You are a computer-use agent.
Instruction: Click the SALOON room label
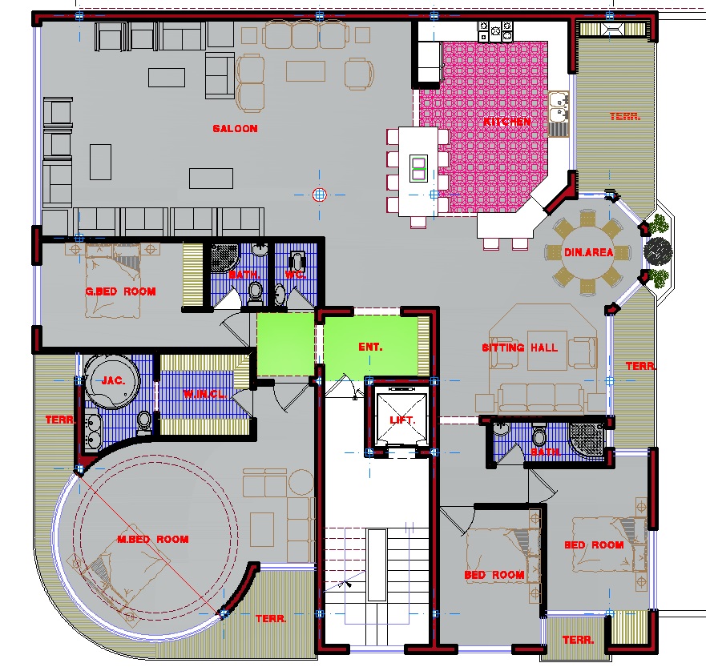235,129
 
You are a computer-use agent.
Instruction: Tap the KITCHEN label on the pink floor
507,122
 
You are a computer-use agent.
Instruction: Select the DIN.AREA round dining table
587,252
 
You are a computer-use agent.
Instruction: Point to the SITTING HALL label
519,348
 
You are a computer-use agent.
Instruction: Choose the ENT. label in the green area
370,347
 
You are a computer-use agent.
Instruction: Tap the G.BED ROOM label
121,291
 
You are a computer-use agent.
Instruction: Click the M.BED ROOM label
152,539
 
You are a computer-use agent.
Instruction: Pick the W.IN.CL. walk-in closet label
204,395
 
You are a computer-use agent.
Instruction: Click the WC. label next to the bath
296,274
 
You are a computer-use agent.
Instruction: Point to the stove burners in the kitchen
495,31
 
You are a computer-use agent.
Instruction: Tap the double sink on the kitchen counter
559,106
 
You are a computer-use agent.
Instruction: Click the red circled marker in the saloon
319,195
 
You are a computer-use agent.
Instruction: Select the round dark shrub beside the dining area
658,251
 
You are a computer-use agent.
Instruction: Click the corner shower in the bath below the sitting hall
587,440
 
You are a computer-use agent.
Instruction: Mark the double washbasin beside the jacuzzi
93,432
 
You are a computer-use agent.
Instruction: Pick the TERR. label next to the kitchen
625,116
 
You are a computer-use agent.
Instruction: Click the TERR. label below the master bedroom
271,619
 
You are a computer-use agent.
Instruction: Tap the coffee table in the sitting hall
547,351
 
